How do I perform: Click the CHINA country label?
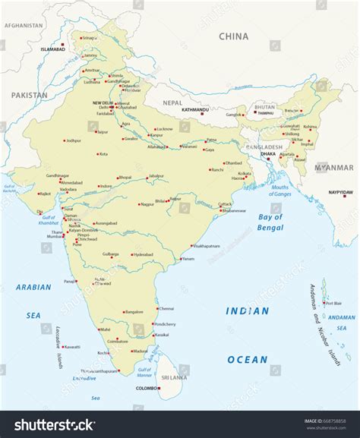click(234, 36)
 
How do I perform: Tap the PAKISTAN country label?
click(29, 95)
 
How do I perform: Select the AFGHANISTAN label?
click(23, 25)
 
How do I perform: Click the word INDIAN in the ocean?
click(247, 310)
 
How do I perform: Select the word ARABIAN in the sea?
click(33, 287)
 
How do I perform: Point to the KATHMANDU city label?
click(194, 109)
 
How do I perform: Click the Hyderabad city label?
click(143, 255)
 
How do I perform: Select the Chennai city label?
click(166, 308)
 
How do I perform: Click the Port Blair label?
click(334, 303)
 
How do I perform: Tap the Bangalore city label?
click(134, 311)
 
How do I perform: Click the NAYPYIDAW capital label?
click(341, 193)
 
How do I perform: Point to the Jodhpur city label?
click(73, 140)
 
